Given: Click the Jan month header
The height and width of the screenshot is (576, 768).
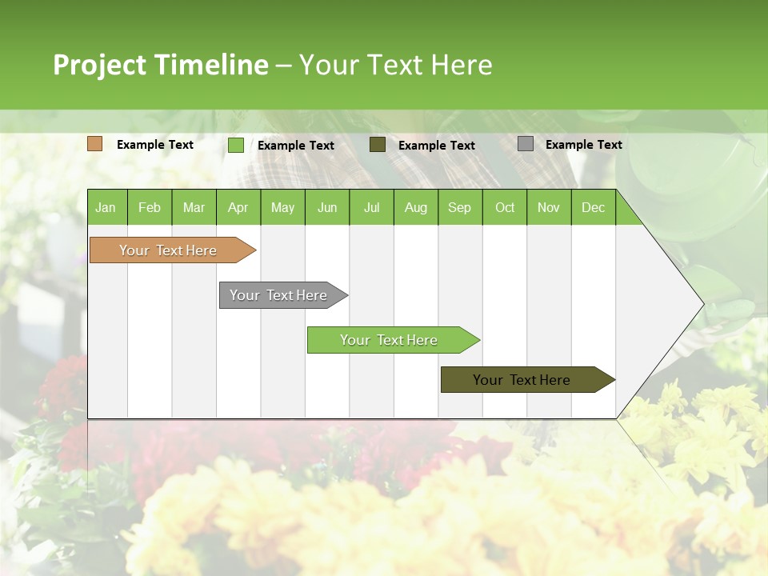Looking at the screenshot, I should tap(106, 207).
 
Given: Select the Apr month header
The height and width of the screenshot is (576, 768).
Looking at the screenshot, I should tap(238, 207).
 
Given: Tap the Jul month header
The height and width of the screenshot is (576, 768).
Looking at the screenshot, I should tap(371, 207).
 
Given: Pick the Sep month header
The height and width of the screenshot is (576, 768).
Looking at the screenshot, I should tap(459, 207).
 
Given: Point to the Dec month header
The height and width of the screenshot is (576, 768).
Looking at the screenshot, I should tap(593, 207).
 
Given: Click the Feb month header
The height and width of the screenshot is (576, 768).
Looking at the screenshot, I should tap(150, 207).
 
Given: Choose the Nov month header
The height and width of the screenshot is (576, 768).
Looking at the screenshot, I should tap(548, 207).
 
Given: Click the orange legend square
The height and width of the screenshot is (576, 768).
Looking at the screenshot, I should tap(94, 144).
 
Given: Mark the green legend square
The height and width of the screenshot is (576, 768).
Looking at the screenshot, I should tap(235, 145).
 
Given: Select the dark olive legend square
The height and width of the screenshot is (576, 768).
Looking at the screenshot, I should tap(377, 145).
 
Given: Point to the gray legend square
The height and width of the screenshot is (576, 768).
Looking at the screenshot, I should tap(525, 144).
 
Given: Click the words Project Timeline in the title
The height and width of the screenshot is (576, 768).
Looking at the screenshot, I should tap(160, 65).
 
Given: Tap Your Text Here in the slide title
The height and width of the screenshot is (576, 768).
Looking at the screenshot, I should tap(395, 65).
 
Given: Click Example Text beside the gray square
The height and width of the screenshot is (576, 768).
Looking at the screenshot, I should tap(583, 145).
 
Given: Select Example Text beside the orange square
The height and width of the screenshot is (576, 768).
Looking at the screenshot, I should tap(154, 145).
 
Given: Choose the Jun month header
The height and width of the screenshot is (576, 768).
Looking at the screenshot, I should tap(327, 207).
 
